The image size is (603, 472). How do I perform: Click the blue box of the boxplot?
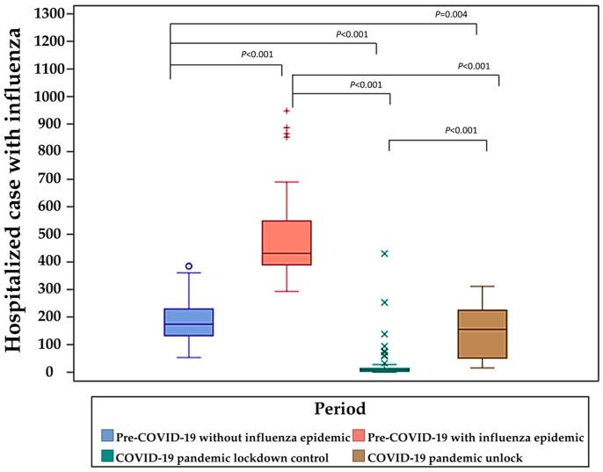[x=188, y=322]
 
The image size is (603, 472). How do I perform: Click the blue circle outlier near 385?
[x=188, y=265]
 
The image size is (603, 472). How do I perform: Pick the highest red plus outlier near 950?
[x=287, y=111]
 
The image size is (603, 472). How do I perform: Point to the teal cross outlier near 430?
[x=384, y=253]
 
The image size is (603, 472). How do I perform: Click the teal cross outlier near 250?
[x=384, y=302]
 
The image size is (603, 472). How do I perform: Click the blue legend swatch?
[x=107, y=436]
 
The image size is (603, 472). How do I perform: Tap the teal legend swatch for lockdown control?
[x=107, y=456]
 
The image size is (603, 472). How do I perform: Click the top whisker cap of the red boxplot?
[x=287, y=182]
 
